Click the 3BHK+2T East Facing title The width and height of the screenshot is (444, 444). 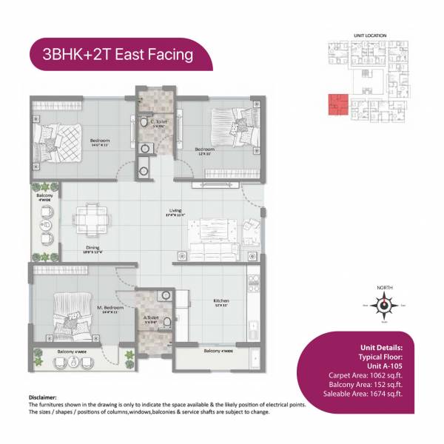coord(118,54)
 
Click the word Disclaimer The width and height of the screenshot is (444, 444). coord(42,397)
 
